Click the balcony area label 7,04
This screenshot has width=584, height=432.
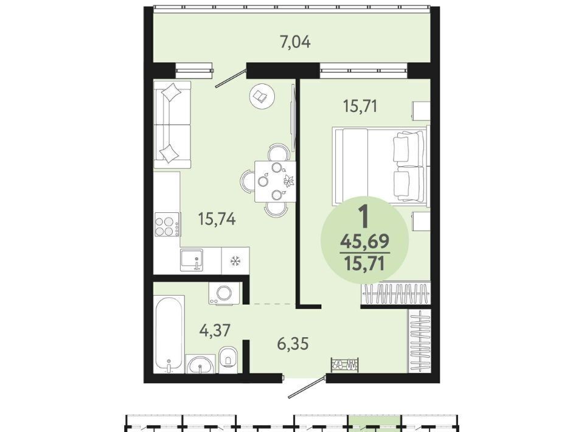[x=295, y=42]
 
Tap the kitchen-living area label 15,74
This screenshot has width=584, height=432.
[x=217, y=218]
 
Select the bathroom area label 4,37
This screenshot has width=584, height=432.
[x=215, y=330]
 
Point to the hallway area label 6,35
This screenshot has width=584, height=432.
[x=293, y=343]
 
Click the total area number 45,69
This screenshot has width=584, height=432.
[x=365, y=242]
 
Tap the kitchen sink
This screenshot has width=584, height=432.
[x=192, y=260]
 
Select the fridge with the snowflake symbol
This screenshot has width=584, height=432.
[x=235, y=260]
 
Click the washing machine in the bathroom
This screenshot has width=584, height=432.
[x=224, y=293]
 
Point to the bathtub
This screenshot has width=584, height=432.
[x=169, y=334]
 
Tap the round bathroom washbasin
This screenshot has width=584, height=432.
[x=200, y=364]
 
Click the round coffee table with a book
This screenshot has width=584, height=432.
[x=263, y=96]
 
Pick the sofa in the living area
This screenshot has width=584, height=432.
[x=172, y=125]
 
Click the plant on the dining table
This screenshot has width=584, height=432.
[x=289, y=181]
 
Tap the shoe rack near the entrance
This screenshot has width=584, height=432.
[x=346, y=364]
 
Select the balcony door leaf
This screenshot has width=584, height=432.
[x=232, y=77]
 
